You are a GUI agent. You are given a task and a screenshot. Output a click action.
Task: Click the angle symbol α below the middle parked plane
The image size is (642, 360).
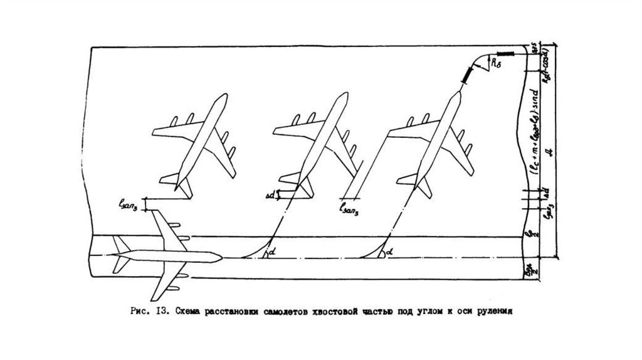[x=270, y=253]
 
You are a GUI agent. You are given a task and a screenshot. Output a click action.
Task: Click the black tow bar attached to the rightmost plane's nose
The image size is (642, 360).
[x=468, y=75]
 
